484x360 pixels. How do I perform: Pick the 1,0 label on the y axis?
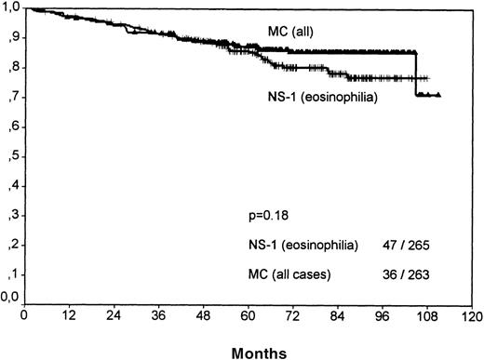click(x=11, y=9)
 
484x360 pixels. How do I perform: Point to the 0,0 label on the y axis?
click(x=11, y=299)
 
